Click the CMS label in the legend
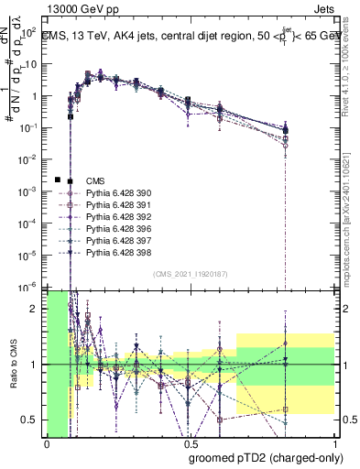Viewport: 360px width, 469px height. coord(95,180)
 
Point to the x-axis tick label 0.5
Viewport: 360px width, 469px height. coord(191,445)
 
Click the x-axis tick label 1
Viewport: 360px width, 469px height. coord(335,445)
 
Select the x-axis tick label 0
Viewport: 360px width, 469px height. coord(47,445)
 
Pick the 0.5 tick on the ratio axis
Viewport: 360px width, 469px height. coord(35,420)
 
